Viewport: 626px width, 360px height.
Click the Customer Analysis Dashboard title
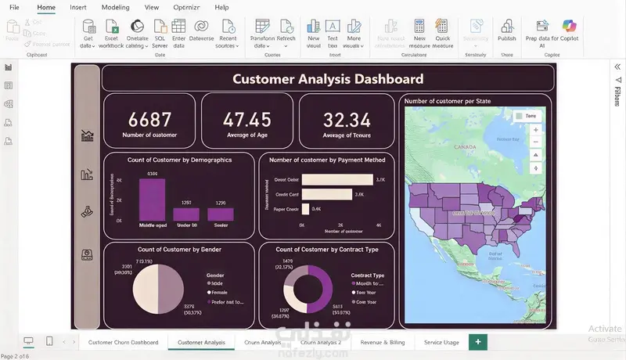(x=328, y=78)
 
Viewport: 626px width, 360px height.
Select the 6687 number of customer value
(x=149, y=120)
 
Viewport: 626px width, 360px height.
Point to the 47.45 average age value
(x=247, y=120)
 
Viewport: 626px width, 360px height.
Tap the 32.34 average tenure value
(x=347, y=120)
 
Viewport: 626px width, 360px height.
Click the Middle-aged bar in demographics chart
(x=153, y=200)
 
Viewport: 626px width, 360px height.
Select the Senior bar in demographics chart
(x=221, y=214)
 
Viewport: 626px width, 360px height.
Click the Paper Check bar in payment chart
(x=305, y=209)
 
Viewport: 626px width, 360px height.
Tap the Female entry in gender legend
(x=220, y=293)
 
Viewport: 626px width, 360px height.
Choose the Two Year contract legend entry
(x=367, y=293)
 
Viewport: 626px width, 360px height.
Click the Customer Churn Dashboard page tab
(x=123, y=342)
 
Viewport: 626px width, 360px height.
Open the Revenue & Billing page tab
(x=382, y=342)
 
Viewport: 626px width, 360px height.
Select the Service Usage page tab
(x=441, y=342)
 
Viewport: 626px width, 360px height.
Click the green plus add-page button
(x=477, y=342)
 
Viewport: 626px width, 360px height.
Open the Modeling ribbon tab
(x=116, y=7)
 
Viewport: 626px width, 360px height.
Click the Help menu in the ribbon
(x=221, y=7)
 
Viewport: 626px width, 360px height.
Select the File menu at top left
(x=14, y=7)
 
